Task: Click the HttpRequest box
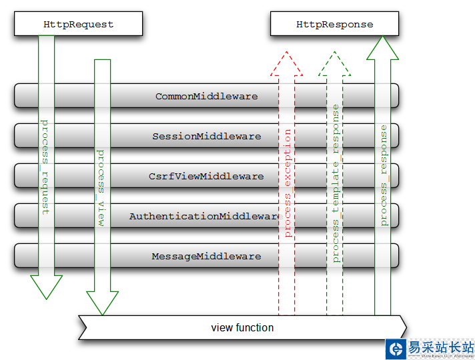pos(78,25)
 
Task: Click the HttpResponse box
pos(334,25)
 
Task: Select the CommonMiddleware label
pos(206,96)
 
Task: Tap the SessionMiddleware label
pos(206,136)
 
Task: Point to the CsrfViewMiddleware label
pos(206,176)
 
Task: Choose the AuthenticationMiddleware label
pos(205,216)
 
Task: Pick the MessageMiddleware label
pos(206,256)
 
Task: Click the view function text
pos(242,327)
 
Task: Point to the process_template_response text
pos(335,183)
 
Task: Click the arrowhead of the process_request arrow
pos(46,287)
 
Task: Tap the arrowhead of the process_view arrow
pos(102,303)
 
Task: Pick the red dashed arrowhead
pos(286,64)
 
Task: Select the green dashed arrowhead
pos(334,64)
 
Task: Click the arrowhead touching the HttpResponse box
pos(382,47)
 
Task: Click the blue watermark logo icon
pos(396,349)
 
